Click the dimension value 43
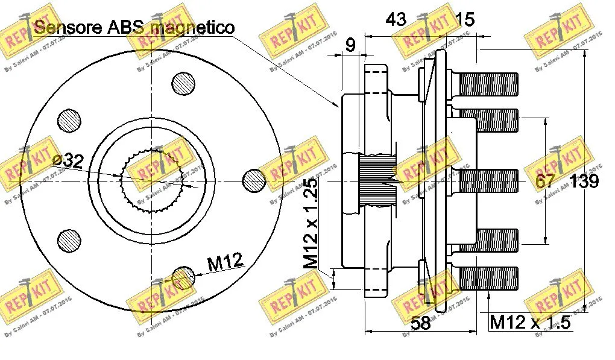[396, 19]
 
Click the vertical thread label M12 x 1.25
[311, 223]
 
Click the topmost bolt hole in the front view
[183, 83]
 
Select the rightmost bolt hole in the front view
[254, 180]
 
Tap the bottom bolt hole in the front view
[183, 278]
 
